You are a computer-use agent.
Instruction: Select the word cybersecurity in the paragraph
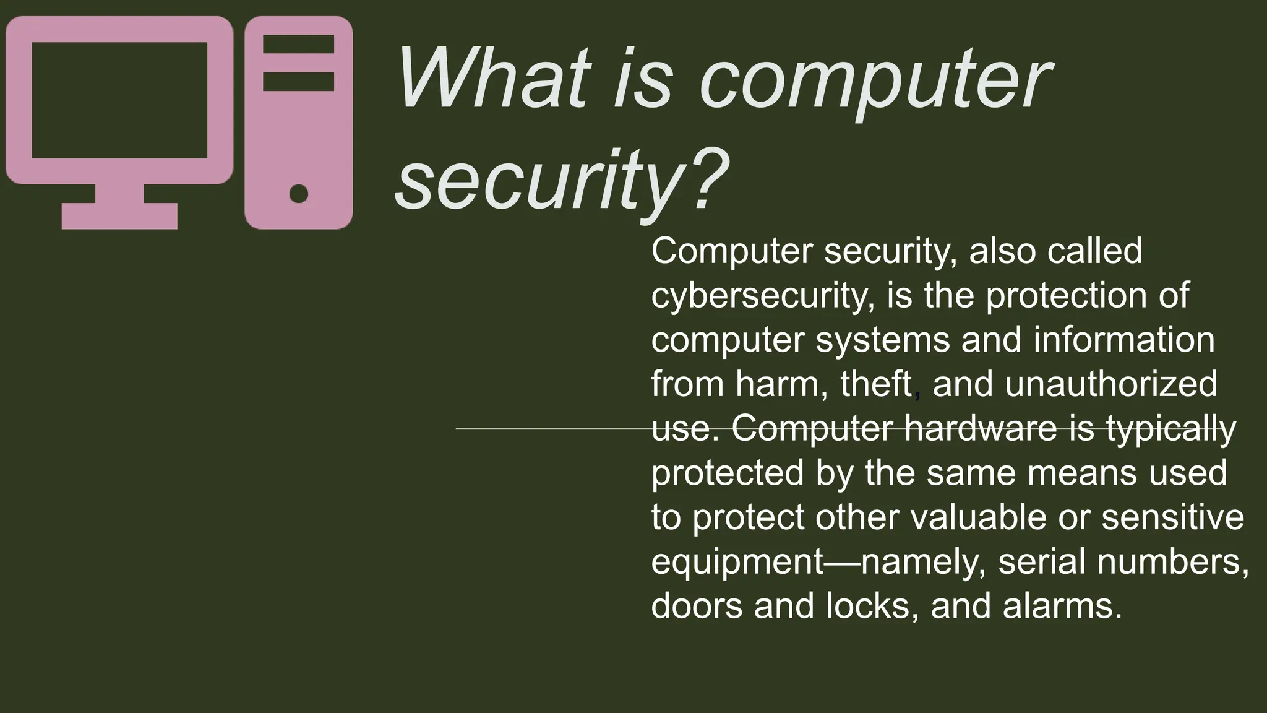(x=761, y=296)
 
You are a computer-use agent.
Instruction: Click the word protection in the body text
(x=1067, y=296)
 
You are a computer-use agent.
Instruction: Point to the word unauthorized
(x=1111, y=384)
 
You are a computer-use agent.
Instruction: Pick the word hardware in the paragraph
(x=981, y=428)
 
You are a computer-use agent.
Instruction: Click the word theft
(x=875, y=384)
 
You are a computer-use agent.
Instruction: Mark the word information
(x=1123, y=340)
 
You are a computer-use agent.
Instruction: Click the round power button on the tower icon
(x=299, y=194)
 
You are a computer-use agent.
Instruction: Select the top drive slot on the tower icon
(x=299, y=45)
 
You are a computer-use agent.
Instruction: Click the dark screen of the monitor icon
(x=119, y=100)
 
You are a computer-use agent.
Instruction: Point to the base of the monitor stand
(x=119, y=216)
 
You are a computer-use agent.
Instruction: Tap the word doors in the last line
(x=697, y=606)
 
